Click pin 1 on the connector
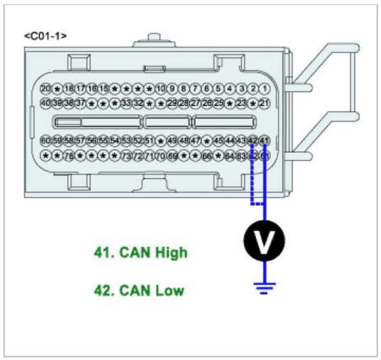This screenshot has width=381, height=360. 264,88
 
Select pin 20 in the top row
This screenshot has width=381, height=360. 45,88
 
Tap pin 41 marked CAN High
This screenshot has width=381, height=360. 264,140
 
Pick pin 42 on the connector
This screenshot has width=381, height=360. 253,140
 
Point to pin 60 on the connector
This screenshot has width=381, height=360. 45,140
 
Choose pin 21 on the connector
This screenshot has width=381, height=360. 264,103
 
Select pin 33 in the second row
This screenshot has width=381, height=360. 126,103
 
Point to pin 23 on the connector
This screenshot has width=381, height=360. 241,103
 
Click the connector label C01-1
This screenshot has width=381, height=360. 46,36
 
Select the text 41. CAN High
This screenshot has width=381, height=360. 141,253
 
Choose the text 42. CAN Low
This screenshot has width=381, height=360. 139,291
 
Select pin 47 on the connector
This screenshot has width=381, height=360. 196,140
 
